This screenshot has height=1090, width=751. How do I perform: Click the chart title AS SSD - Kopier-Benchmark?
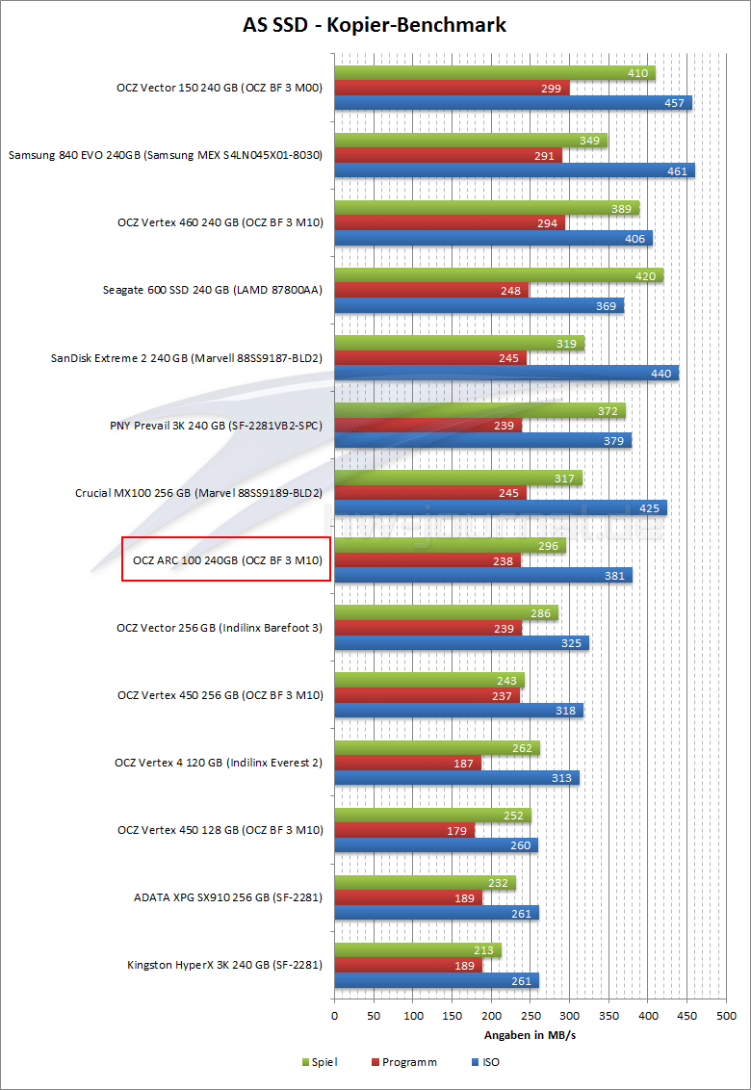pyautogui.click(x=375, y=24)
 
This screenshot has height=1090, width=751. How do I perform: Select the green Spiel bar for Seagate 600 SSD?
pyautogui.click(x=499, y=276)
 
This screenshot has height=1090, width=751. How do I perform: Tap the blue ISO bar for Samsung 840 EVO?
pyautogui.click(x=514, y=170)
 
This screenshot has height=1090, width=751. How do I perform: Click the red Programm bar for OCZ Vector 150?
pyautogui.click(x=452, y=88)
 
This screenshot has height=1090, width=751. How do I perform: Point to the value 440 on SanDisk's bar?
pyautogui.click(x=660, y=374)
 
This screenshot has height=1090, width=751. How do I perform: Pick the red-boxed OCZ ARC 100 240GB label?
pyautogui.click(x=226, y=559)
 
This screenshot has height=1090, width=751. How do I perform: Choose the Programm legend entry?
pyautogui.click(x=402, y=1062)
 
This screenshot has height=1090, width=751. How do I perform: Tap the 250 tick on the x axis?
pyautogui.click(x=531, y=1015)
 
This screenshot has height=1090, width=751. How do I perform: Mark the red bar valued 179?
pyautogui.click(x=404, y=831)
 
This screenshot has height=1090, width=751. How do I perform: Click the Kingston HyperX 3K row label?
pyautogui.click(x=224, y=965)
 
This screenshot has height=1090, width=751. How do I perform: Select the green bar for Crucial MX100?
pyautogui.click(x=458, y=479)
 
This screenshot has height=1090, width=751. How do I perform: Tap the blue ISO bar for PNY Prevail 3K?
pyautogui.click(x=482, y=441)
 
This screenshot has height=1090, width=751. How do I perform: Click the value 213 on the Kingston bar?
pyautogui.click(x=483, y=951)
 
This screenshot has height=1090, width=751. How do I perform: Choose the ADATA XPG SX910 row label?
pyautogui.click(x=227, y=897)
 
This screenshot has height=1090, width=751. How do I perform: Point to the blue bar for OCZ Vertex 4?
pyautogui.click(x=456, y=778)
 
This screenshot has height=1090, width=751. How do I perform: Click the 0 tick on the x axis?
pyautogui.click(x=334, y=1015)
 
